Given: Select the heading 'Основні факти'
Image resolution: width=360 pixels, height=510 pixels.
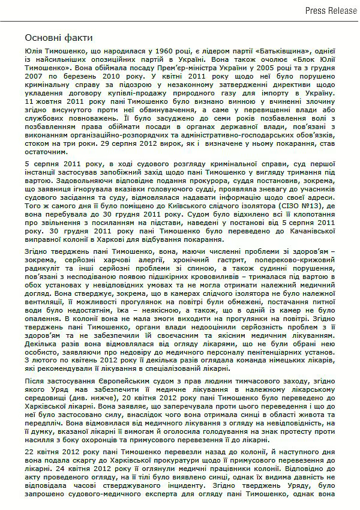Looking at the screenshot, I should pos(54,37).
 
